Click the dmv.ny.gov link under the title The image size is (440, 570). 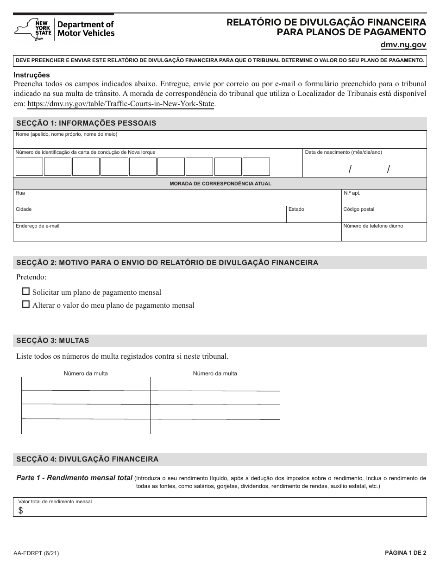(403, 45)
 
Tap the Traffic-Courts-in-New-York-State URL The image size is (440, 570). (121, 104)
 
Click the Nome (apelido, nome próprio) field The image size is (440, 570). (220, 141)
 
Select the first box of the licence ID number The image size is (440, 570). (29, 166)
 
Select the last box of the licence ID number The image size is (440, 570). (256, 166)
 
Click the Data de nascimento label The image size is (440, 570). (343, 152)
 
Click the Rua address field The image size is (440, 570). (176, 200)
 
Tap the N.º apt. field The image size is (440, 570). (383, 200)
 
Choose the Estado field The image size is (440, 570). (313, 216)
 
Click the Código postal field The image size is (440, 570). (383, 216)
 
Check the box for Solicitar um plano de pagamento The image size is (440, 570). (26, 292)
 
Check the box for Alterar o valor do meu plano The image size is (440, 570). (26, 305)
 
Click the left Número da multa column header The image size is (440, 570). (86, 373)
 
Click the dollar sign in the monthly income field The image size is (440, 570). (20, 511)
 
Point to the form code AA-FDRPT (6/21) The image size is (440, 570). (36, 553)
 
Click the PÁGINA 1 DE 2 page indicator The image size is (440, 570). (405, 553)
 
